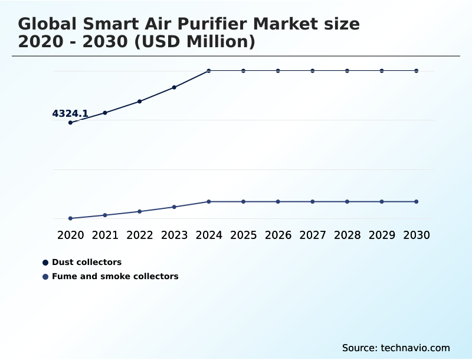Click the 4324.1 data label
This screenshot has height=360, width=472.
[70, 113]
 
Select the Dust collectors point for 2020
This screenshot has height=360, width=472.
[70, 123]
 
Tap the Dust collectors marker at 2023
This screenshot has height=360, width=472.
[174, 87]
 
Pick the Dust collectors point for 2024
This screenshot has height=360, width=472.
[209, 71]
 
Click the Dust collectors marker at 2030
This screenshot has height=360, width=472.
[417, 71]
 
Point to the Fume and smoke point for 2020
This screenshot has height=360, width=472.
[70, 218]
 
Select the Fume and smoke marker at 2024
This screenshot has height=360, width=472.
[209, 202]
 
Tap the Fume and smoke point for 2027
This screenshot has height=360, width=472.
[313, 202]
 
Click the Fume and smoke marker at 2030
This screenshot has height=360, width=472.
[417, 202]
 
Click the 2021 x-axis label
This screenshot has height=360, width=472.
[105, 235]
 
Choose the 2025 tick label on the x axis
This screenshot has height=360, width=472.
[243, 235]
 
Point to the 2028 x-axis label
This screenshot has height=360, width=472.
[347, 235]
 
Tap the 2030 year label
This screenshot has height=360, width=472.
[417, 235]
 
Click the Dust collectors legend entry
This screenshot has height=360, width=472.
[87, 262]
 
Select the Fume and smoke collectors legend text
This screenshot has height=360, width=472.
[115, 276]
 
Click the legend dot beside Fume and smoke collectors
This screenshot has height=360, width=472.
[45, 276]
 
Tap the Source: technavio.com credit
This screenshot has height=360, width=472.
[396, 348]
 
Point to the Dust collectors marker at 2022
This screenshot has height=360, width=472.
[140, 102]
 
